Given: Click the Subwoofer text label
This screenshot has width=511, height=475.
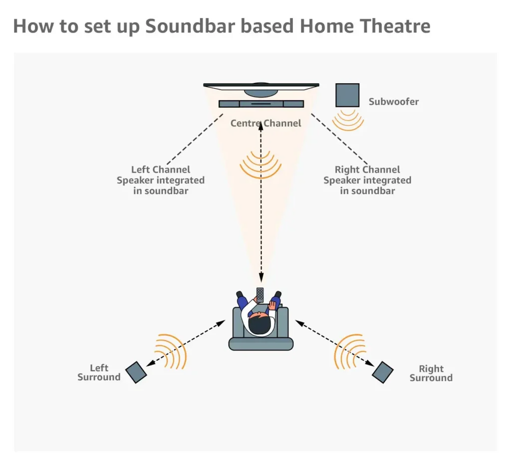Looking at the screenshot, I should click(x=393, y=102).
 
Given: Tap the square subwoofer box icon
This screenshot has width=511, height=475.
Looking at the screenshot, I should click(x=347, y=95).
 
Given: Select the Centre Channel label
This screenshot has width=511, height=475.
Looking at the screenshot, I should click(x=265, y=123).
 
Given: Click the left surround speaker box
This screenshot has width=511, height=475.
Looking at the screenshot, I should click(x=136, y=372).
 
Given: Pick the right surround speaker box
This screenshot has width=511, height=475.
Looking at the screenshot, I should click(x=383, y=372).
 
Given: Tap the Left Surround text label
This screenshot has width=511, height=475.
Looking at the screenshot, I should click(x=99, y=373).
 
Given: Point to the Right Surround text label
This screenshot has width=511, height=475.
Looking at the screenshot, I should click(x=431, y=373).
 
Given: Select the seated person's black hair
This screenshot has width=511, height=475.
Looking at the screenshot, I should click(x=259, y=325).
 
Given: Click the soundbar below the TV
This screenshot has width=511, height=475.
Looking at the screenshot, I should click(x=261, y=104).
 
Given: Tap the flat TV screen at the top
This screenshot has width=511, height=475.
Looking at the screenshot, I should click(x=261, y=86).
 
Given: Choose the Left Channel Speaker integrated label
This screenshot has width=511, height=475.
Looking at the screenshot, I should click(x=160, y=180).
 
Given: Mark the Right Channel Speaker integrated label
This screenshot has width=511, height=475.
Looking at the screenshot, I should click(x=367, y=180).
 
